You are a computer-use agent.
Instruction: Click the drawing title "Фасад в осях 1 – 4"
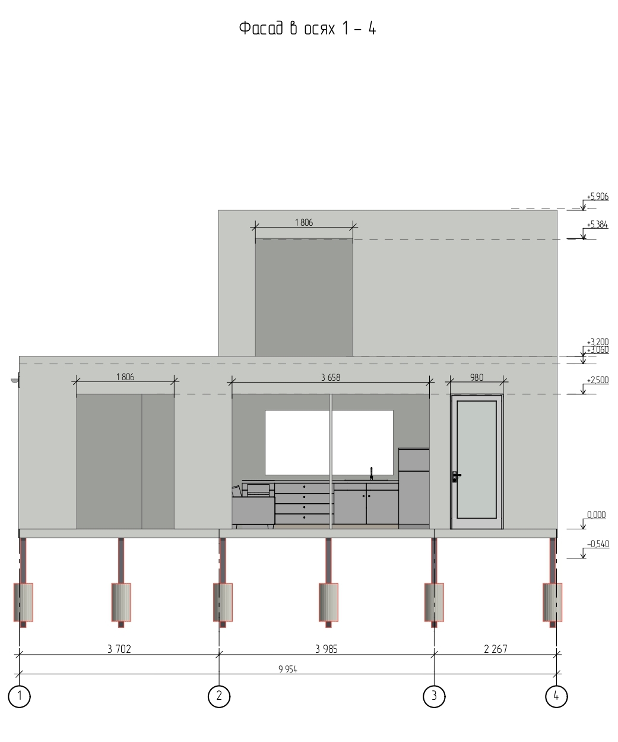(x=308, y=28)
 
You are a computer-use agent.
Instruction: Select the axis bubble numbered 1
(x=19, y=696)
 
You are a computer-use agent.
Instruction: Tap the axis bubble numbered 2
(x=219, y=696)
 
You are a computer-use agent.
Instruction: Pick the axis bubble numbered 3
(x=433, y=696)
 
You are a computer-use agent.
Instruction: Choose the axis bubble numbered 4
(x=556, y=696)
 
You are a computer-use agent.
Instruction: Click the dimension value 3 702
(x=119, y=649)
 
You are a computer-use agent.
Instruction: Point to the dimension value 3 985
(x=326, y=649)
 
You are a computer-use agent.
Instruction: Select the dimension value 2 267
(x=495, y=649)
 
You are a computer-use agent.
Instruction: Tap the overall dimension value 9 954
(x=288, y=669)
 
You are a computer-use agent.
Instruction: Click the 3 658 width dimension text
(x=330, y=377)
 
